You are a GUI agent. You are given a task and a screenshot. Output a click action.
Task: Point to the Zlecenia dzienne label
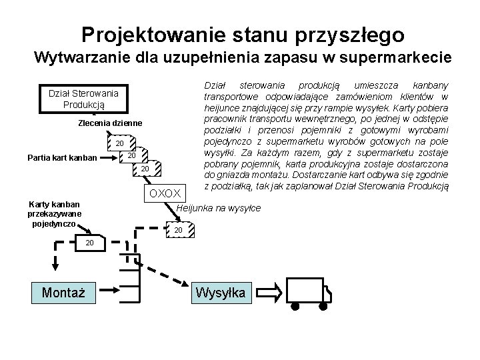tap(110, 124)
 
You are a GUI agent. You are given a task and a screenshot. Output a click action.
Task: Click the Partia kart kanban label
tap(61, 158)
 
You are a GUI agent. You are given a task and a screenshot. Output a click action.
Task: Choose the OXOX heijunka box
tap(165, 193)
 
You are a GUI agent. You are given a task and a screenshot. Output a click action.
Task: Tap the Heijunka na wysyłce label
tap(219, 208)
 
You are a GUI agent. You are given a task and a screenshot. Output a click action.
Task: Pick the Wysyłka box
tap(219, 293)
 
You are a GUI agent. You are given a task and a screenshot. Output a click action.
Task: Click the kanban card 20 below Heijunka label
tap(177, 230)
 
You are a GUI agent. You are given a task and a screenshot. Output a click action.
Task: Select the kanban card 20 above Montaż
tap(89, 243)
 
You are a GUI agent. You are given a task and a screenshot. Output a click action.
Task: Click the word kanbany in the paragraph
tap(430, 85)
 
